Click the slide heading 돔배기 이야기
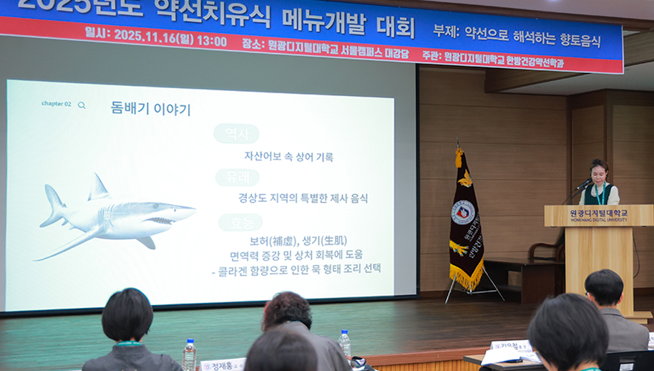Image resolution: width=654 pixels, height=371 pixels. click(x=150, y=109)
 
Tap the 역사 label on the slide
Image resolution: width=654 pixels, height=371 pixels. click(x=236, y=134)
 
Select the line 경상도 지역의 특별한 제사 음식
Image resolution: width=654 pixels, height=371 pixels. click(x=303, y=198)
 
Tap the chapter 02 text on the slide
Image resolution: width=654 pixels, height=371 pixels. click(x=56, y=104)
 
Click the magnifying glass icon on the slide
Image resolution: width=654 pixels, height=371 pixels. click(x=82, y=105)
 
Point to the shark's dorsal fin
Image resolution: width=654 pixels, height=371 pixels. click(x=98, y=188)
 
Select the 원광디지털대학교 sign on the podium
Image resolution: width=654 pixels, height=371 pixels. click(x=598, y=214)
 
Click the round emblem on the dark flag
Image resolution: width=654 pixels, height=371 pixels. click(x=463, y=212)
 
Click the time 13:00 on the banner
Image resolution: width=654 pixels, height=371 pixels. click(x=212, y=41)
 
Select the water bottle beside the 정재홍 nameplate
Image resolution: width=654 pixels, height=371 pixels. click(x=190, y=355)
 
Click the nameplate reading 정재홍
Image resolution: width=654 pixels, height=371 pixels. click(x=222, y=365)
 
